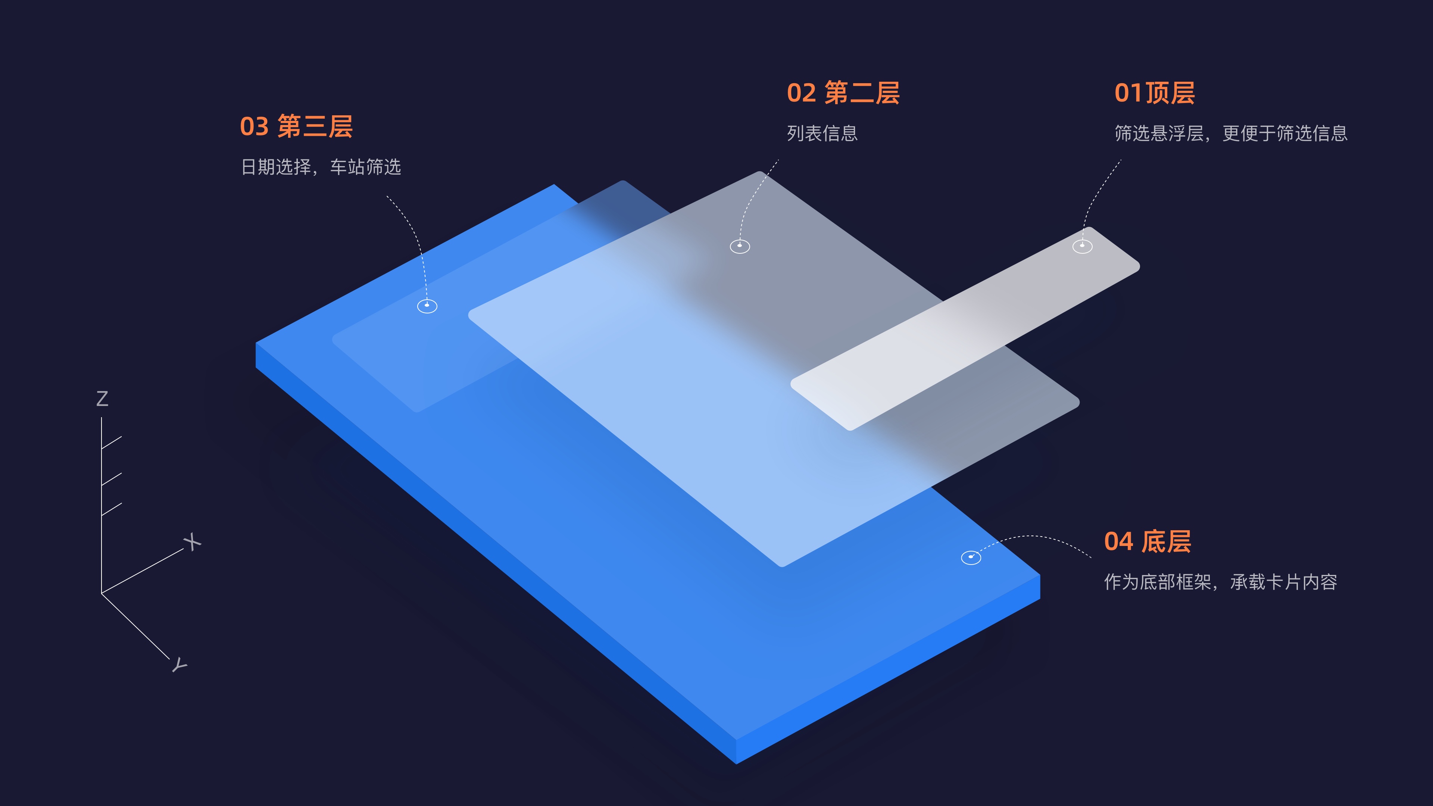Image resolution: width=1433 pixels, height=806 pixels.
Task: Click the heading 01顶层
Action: point(1154,93)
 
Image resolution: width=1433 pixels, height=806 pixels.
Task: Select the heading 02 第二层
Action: point(843,93)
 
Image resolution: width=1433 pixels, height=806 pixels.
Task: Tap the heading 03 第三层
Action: point(296,127)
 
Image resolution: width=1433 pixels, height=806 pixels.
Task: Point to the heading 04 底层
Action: point(1147,542)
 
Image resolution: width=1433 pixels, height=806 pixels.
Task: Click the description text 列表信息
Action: point(822,134)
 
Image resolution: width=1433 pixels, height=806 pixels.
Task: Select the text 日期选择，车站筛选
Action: point(321,167)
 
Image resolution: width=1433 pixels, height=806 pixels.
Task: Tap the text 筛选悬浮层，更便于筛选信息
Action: point(1230,134)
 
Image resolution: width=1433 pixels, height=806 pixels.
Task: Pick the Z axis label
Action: point(102,399)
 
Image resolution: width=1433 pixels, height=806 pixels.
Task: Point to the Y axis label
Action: point(179,665)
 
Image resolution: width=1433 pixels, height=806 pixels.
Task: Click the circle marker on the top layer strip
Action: point(1082,246)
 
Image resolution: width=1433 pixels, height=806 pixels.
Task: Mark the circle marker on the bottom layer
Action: point(971,557)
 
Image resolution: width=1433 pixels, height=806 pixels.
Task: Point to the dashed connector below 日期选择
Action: point(415,234)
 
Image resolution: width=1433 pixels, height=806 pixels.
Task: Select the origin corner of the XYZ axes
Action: point(101,594)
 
